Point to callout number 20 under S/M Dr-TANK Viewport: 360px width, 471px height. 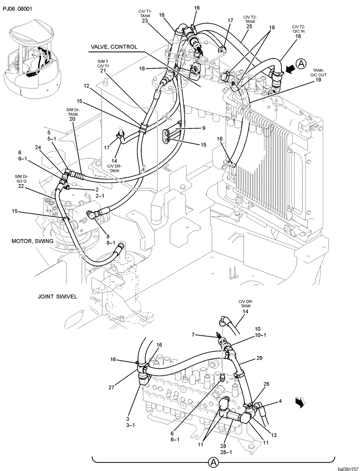72,119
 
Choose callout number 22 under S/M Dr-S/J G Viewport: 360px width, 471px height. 21,186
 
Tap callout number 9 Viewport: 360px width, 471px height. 204,128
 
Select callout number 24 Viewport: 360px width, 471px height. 38,147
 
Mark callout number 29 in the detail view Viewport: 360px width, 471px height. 259,358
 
